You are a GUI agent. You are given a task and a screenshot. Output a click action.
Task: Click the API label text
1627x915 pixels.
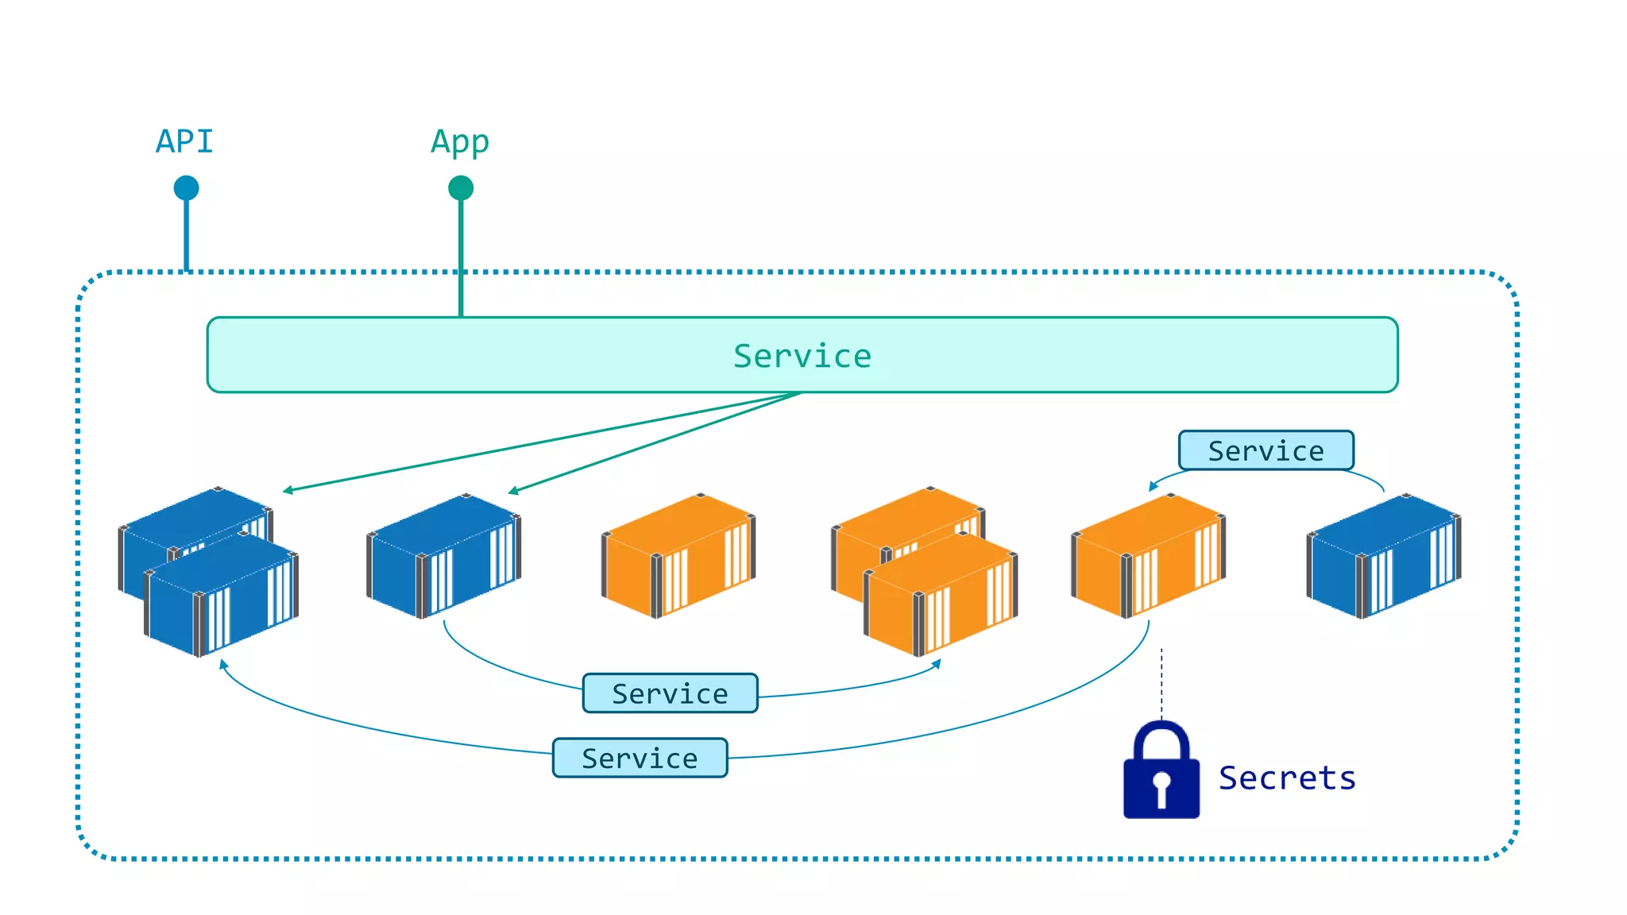tap(184, 142)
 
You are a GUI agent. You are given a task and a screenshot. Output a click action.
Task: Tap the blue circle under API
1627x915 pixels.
tap(186, 188)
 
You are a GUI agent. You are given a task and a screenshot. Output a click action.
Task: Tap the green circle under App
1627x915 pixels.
tap(461, 188)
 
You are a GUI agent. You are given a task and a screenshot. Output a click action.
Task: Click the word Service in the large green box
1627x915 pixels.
tap(802, 356)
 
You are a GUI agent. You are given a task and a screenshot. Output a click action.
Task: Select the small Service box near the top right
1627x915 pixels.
tap(1266, 450)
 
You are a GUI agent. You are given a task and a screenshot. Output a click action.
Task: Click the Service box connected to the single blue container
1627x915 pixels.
tap(670, 693)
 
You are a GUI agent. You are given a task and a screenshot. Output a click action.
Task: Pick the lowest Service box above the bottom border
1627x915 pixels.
tap(640, 758)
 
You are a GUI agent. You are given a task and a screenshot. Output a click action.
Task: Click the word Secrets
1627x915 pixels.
tap(1287, 778)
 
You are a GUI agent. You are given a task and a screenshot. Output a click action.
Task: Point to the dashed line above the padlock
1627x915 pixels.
tap(1161, 683)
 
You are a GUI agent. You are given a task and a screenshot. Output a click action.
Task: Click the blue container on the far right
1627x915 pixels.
tap(1383, 556)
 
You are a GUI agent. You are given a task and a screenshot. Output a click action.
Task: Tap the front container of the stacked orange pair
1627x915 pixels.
tap(941, 596)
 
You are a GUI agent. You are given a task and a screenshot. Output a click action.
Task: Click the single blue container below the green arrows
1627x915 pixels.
tap(443, 556)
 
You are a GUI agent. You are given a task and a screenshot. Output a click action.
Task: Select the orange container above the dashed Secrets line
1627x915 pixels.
tap(1148, 556)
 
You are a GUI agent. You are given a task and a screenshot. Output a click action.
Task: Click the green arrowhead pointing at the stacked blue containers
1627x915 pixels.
tap(288, 491)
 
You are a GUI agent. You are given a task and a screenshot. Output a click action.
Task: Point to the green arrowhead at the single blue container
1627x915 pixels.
tap(513, 492)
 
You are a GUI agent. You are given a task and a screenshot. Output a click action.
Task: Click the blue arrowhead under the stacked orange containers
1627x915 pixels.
tap(937, 664)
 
